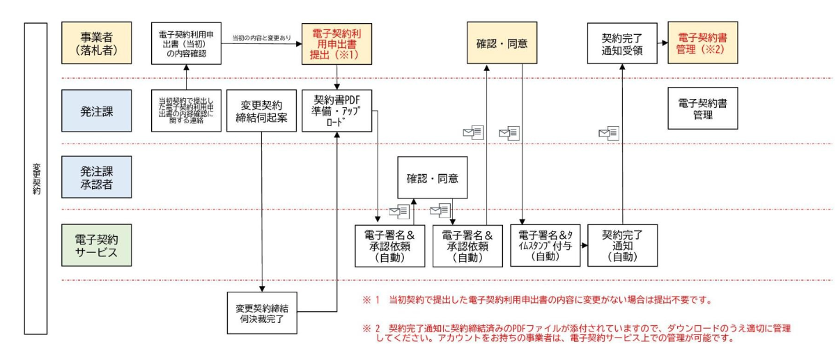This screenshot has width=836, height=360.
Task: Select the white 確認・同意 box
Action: tap(432, 178)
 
